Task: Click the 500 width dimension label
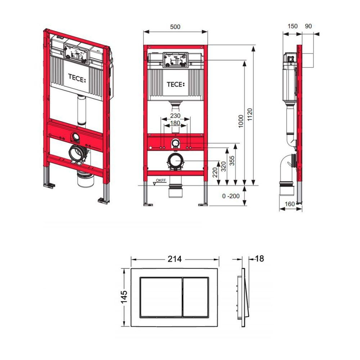(x=175, y=27)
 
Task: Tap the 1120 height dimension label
(x=250, y=114)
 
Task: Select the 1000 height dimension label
(x=240, y=121)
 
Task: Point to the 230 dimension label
(x=175, y=116)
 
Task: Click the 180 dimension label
(x=175, y=123)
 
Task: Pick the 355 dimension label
(x=232, y=161)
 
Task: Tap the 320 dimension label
(x=224, y=166)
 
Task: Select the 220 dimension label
(x=215, y=172)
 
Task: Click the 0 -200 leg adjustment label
(x=231, y=196)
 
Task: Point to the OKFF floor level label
(x=161, y=180)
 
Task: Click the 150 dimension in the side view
(x=292, y=26)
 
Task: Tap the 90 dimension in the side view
(x=309, y=26)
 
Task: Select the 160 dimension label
(x=290, y=204)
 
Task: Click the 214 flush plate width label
(x=175, y=259)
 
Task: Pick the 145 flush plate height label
(x=124, y=297)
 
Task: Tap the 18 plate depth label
(x=260, y=259)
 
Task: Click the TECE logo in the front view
(x=176, y=85)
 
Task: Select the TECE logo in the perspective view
(x=77, y=78)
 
